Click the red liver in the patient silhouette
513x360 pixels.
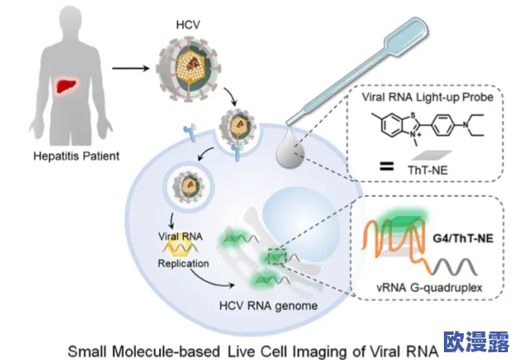tap(67, 85)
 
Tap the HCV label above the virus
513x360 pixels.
tap(188, 25)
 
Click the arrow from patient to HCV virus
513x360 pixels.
tap(131, 68)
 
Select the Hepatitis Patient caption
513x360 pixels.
tap(77, 155)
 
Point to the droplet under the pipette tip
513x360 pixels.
tap(290, 149)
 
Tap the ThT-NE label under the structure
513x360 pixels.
tap(427, 170)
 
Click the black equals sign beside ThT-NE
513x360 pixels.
tap(387, 166)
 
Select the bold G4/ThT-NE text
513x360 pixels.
tap(463, 238)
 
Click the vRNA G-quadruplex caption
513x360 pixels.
tap(429, 287)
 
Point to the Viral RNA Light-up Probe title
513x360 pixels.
tap(427, 97)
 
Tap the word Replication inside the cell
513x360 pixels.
tap(183, 263)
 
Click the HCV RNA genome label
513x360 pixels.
tap(269, 306)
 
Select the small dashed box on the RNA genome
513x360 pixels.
tap(277, 256)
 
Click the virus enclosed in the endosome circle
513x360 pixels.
tap(189, 186)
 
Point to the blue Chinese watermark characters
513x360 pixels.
tap(477, 342)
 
